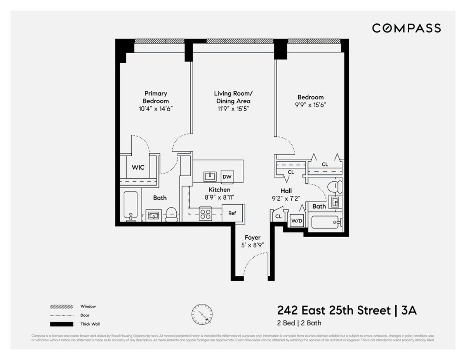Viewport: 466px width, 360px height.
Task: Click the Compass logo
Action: coord(406,28)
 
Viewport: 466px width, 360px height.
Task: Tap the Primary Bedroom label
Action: coord(156,97)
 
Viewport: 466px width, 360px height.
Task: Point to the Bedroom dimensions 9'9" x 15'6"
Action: coord(310,104)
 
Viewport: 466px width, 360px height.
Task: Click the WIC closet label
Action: coord(138,167)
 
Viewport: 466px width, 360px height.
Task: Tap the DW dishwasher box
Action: coord(227,177)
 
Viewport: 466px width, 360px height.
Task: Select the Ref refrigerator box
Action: coord(232,213)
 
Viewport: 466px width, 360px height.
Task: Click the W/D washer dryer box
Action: coord(297,221)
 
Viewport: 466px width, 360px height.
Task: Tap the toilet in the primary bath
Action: coord(171,214)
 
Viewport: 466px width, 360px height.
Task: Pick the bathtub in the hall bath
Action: coord(326,222)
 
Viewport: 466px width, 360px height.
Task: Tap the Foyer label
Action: coord(252,238)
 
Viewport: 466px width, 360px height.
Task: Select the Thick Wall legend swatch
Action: coord(61,324)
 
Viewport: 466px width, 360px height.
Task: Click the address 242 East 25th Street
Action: coord(334,311)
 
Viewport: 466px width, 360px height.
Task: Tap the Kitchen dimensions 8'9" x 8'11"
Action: coord(219,197)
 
